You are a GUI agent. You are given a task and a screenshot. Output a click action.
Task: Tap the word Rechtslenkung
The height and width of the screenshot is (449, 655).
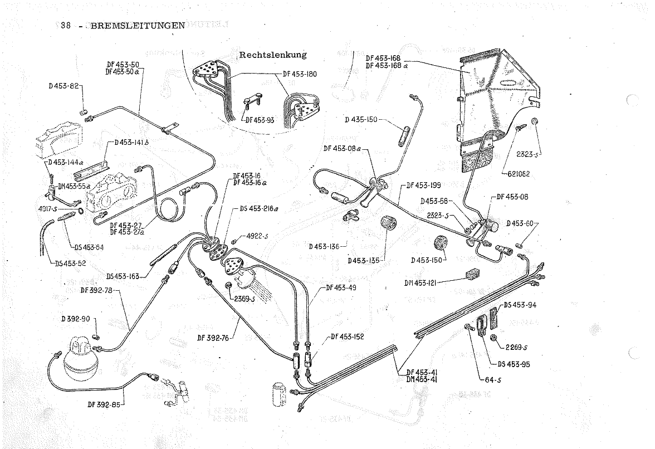273,55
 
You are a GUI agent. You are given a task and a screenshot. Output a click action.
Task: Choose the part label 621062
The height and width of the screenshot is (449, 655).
519,174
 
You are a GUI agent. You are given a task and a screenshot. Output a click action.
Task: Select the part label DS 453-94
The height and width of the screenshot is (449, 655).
521,305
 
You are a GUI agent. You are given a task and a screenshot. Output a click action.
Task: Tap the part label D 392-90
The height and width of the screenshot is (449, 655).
75,319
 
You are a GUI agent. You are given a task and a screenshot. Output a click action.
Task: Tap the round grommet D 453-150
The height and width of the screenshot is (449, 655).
442,243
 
